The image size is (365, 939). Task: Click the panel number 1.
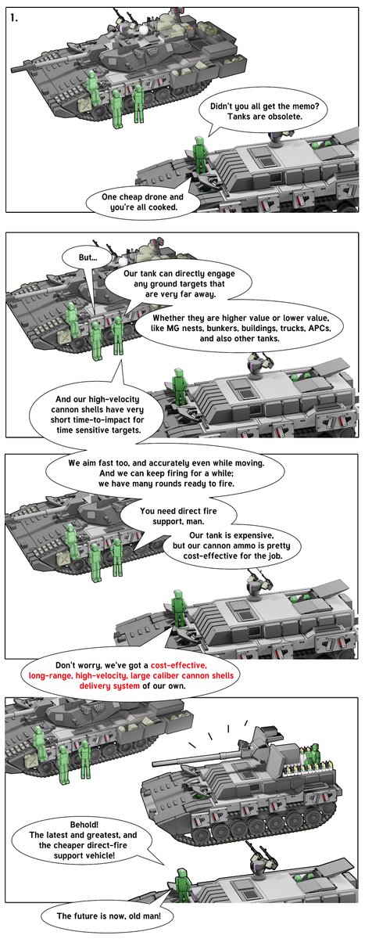click(x=14, y=18)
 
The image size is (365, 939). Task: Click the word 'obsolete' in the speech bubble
click(x=284, y=117)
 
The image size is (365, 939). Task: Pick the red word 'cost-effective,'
click(x=179, y=665)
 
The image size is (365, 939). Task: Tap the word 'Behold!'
click(x=84, y=825)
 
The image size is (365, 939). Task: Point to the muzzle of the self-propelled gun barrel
click(x=154, y=762)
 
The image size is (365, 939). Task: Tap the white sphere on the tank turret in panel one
click(x=144, y=31)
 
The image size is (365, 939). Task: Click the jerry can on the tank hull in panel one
click(x=84, y=105)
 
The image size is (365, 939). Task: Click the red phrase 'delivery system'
click(x=109, y=685)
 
